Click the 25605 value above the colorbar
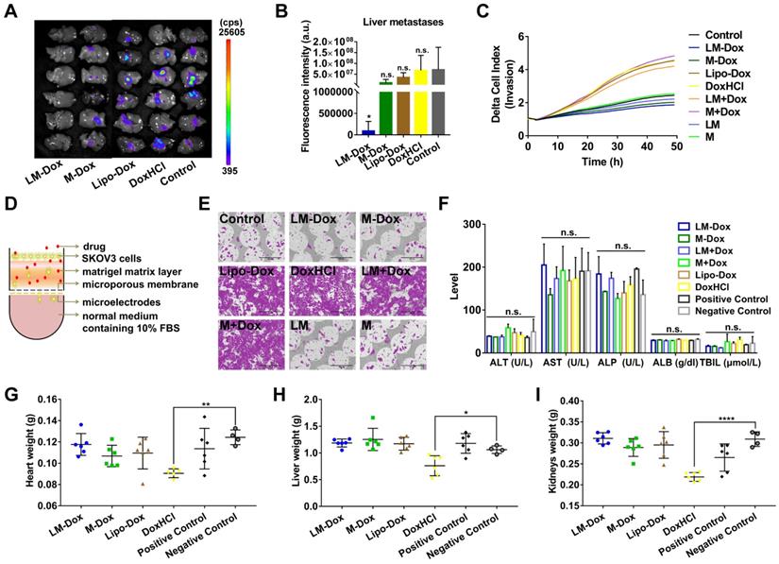click(238, 32)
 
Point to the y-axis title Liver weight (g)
click(274, 459)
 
